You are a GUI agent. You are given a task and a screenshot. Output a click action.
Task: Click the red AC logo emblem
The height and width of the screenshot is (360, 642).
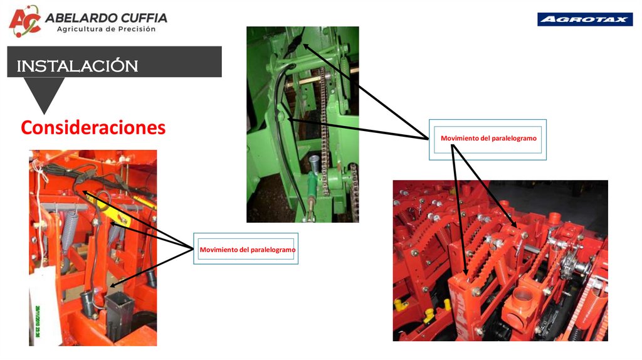(x=25, y=21)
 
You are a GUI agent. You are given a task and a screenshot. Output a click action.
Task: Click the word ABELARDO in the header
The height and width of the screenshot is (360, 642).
(x=75, y=18)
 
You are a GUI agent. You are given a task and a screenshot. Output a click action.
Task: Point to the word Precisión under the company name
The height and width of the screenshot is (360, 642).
(x=137, y=29)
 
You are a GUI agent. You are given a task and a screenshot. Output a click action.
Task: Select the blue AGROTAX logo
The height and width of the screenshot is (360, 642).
(x=585, y=19)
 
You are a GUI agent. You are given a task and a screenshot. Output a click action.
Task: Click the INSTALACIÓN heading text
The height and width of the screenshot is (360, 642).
(x=77, y=66)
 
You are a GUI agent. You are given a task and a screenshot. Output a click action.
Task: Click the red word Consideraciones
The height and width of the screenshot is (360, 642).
(x=93, y=127)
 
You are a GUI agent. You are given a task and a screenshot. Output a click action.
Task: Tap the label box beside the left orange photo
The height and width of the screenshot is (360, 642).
(x=246, y=249)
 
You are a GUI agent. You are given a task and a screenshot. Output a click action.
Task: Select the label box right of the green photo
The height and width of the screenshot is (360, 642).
(x=488, y=139)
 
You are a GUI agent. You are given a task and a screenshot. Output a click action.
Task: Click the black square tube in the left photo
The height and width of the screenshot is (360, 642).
(x=119, y=315)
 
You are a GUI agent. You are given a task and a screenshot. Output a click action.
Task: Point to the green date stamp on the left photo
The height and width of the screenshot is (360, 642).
(x=38, y=322)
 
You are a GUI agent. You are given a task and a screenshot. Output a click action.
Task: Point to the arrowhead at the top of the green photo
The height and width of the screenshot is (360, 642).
(x=306, y=46)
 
